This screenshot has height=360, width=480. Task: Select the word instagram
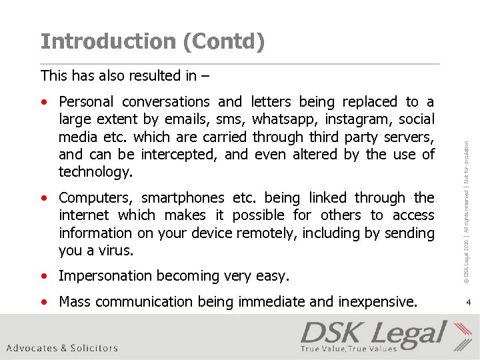359,119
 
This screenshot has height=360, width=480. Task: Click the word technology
95,172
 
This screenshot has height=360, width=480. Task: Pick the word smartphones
183,198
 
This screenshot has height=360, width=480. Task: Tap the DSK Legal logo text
373,334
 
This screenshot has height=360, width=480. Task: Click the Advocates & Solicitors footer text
62,348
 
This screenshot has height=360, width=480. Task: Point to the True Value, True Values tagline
348,349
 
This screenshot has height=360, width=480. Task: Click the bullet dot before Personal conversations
44,103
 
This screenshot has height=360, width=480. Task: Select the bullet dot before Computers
44,199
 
